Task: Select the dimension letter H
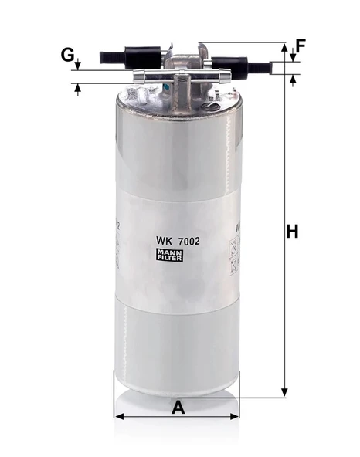(291, 231)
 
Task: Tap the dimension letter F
(301, 45)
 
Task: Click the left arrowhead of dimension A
(118, 418)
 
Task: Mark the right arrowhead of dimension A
(237, 418)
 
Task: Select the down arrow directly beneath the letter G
(78, 66)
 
